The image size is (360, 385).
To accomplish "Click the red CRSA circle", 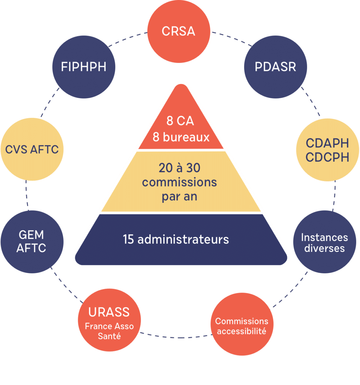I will [x=179, y=31].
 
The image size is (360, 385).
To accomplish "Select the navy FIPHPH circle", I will [x=83, y=67].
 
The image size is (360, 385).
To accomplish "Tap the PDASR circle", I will [x=275, y=67].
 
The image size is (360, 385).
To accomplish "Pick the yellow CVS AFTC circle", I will [x=32, y=150].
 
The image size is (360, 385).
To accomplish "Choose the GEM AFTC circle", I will [x=31, y=242].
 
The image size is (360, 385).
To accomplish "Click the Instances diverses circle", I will [x=324, y=242].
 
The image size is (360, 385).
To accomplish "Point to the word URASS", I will [x=109, y=312].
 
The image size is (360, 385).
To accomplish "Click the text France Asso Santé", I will [x=109, y=331].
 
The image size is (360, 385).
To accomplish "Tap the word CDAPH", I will [x=327, y=143].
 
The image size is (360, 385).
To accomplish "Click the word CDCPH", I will [x=327, y=158].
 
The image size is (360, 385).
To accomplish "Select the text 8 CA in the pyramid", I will [x=180, y=121].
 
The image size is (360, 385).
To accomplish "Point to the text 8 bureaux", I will [x=181, y=137].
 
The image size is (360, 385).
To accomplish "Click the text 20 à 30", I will [x=180, y=168].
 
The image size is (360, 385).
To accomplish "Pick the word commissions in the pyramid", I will [x=180, y=182].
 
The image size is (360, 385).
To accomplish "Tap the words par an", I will [x=180, y=196].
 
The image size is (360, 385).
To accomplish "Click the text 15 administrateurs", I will [x=176, y=239].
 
